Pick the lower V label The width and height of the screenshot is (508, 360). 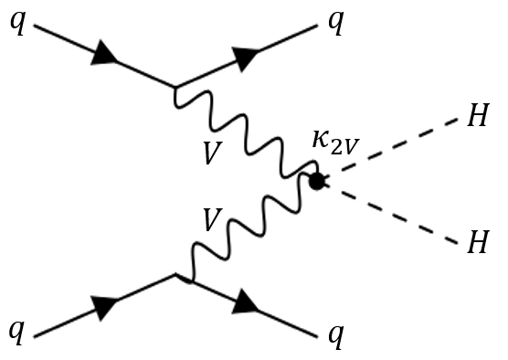(211, 220)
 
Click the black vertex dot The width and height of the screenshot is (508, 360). (317, 181)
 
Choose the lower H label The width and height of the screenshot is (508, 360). (477, 242)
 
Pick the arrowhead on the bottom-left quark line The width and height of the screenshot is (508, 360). (106, 309)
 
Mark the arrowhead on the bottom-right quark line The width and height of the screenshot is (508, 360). (246, 302)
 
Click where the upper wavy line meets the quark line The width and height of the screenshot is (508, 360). (176, 88)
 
